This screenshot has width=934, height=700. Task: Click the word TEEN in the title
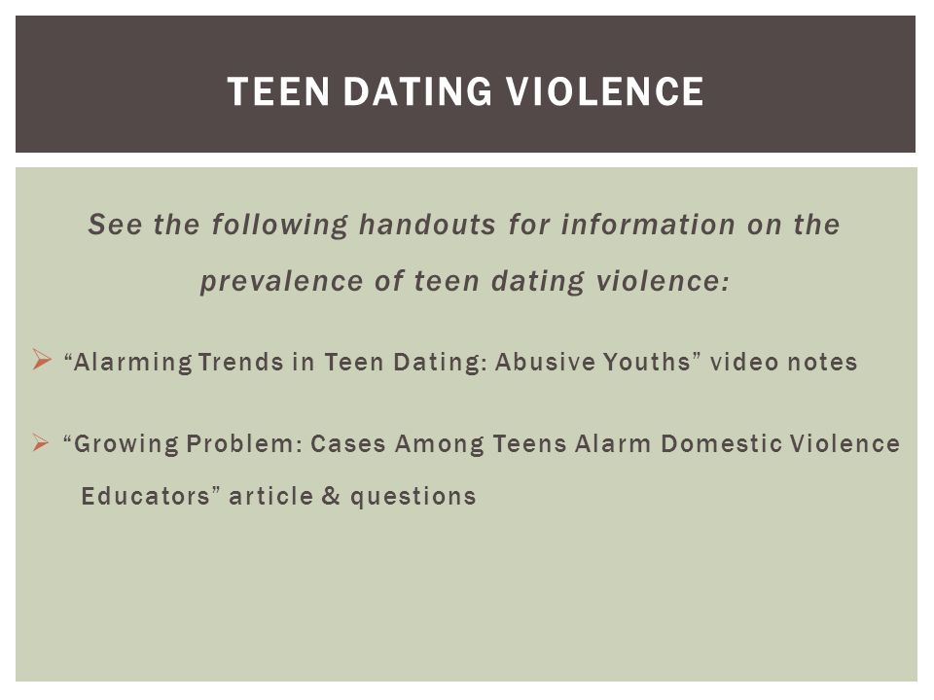tap(279, 91)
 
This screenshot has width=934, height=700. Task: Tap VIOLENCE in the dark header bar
tap(605, 91)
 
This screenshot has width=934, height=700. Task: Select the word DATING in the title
tap(418, 91)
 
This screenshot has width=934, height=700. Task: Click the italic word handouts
tap(427, 225)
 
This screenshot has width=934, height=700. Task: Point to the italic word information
tap(648, 225)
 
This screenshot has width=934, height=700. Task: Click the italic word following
tap(279, 226)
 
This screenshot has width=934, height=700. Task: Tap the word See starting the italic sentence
tap(115, 225)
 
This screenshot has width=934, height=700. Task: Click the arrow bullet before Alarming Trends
tap(42, 360)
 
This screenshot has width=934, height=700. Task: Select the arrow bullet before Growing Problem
tap(41, 442)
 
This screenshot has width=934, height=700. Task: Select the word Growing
tap(121, 444)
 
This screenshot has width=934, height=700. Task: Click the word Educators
tap(146, 497)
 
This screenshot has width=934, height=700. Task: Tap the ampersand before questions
tap(331, 496)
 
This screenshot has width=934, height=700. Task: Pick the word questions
tap(413, 498)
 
